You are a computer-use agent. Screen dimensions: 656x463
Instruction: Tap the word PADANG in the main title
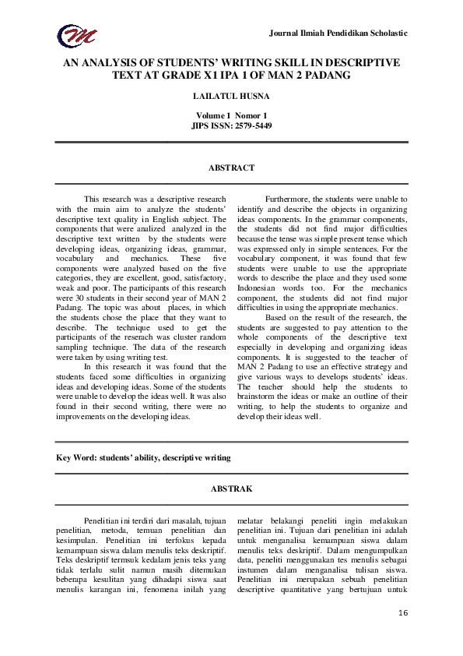coord(321,76)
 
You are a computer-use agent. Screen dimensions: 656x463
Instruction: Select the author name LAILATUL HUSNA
coord(231,97)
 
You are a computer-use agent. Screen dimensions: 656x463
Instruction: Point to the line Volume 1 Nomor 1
coord(231,115)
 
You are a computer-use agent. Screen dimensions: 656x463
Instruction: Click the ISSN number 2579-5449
coord(251,125)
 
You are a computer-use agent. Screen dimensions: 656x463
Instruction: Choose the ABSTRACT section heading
coord(231,168)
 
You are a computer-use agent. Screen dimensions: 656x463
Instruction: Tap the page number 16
coord(402,614)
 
